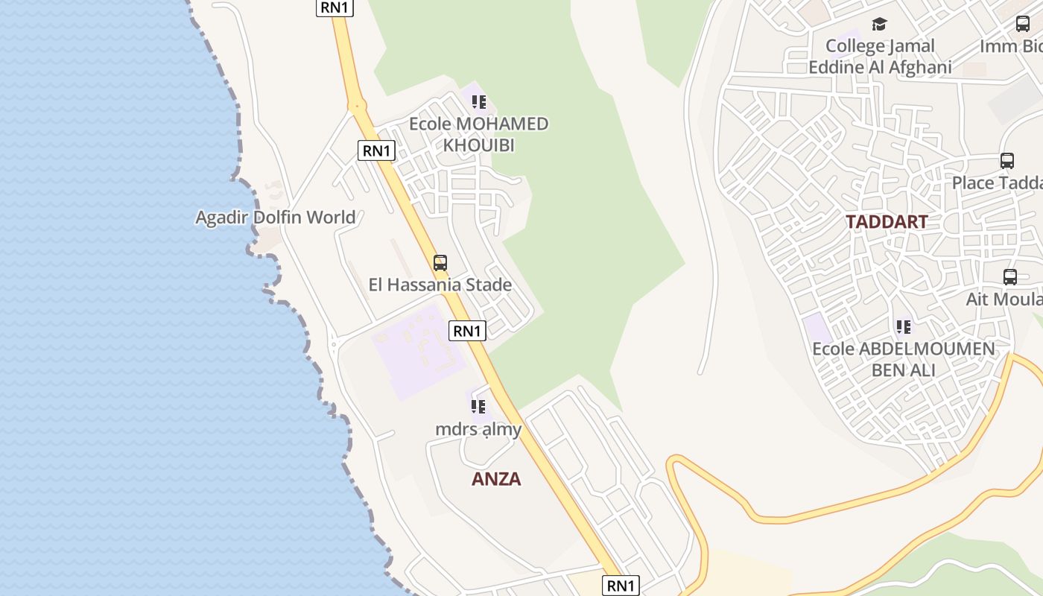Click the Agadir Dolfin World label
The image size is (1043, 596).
(275, 218)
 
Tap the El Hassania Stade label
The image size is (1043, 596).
(440, 285)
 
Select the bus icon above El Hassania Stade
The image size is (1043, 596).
(440, 263)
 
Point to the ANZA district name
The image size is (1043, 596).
(496, 479)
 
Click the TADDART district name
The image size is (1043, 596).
(887, 222)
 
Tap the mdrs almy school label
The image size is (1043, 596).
(478, 429)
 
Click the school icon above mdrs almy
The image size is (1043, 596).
(478, 407)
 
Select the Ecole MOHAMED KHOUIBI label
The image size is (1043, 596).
(478, 134)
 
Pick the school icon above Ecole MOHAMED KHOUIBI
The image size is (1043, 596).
(478, 102)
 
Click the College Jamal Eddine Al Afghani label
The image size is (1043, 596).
(880, 57)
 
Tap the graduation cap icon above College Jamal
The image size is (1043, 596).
(880, 25)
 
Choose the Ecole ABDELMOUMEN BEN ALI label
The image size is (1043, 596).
(903, 359)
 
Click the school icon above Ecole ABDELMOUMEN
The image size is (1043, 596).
(904, 326)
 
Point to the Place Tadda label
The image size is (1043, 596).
(997, 183)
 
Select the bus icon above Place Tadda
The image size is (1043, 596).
(1007, 161)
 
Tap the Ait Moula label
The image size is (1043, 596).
(1004, 299)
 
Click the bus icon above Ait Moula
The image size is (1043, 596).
(1010, 277)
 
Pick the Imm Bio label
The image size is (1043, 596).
(1011, 46)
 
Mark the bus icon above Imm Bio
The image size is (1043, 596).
(1023, 24)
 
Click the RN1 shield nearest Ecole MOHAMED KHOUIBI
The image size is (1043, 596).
(376, 150)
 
